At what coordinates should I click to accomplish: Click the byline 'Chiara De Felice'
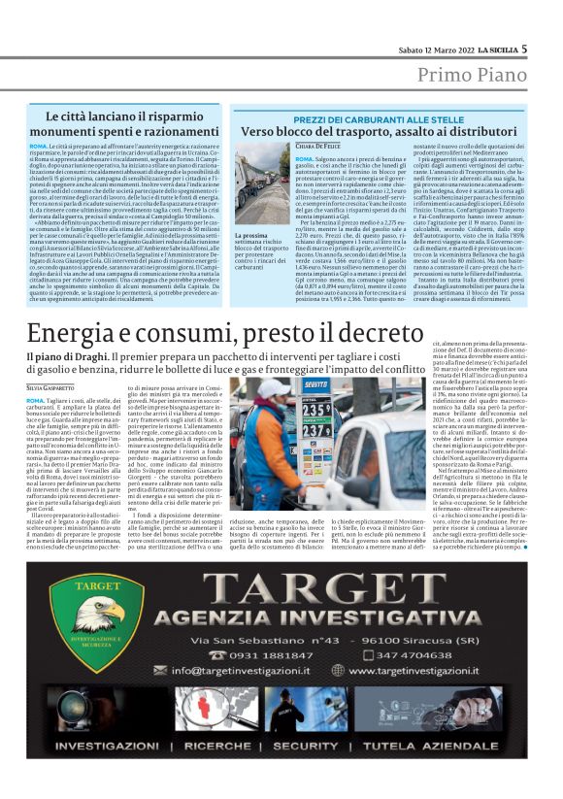point(318,145)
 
